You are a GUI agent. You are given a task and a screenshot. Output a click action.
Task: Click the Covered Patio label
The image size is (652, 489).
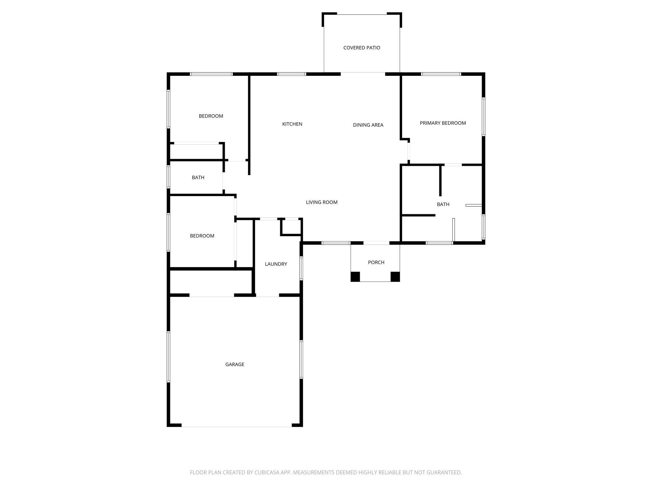(362, 48)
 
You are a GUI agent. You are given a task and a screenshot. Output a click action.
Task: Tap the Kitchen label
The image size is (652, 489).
(292, 124)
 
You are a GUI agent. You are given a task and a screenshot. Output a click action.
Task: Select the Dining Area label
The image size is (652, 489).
(368, 125)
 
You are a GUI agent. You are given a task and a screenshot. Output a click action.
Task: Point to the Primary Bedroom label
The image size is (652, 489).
(443, 123)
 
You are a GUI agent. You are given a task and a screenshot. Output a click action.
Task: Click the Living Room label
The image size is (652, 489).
(322, 202)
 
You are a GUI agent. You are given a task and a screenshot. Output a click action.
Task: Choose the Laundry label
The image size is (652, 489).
(276, 264)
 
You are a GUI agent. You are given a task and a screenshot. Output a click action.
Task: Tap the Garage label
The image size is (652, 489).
(235, 365)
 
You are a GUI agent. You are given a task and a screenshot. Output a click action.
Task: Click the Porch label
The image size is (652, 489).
(376, 262)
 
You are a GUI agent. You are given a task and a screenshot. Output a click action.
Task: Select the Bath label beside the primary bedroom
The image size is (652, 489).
(443, 204)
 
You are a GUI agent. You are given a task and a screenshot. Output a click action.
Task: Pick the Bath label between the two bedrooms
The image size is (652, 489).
(198, 178)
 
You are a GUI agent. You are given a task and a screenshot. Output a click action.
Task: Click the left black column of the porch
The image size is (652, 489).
(355, 277)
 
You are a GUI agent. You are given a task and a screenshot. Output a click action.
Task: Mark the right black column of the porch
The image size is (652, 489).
(395, 277)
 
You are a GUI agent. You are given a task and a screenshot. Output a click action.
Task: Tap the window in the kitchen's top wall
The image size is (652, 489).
(292, 74)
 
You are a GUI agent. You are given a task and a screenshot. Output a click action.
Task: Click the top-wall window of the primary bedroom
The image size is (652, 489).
(441, 74)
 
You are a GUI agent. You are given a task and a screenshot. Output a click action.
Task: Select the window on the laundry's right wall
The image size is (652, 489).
(301, 268)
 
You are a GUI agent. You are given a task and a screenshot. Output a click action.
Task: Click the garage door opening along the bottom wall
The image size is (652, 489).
(237, 426)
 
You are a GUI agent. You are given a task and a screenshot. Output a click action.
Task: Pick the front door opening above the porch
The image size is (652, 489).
(376, 243)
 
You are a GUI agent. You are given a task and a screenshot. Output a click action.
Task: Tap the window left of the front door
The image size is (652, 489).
(336, 243)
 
